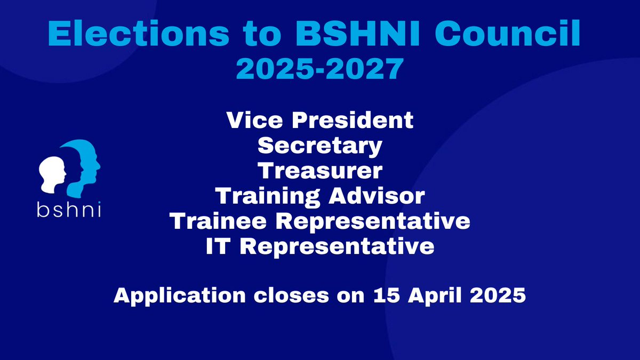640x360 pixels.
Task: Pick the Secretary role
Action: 319,146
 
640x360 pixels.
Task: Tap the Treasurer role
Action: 319,171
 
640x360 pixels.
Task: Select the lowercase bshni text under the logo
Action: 69,210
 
